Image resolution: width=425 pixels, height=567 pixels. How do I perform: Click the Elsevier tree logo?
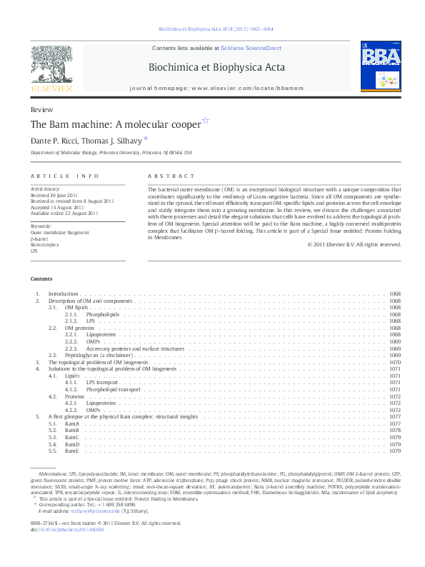click(x=51, y=67)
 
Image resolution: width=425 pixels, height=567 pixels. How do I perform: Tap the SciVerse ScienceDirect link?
click(x=251, y=48)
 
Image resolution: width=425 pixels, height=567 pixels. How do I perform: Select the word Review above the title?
click(x=41, y=110)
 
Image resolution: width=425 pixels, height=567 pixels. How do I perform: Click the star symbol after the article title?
click(x=205, y=121)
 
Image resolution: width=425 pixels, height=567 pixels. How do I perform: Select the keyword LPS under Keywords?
click(x=34, y=251)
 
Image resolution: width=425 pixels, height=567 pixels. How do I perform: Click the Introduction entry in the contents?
click(x=64, y=294)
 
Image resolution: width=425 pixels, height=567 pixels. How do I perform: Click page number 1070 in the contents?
click(x=395, y=362)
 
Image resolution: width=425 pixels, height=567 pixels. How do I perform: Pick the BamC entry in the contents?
click(x=71, y=437)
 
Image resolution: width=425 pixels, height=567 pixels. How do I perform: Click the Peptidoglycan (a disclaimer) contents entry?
click(x=94, y=355)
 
